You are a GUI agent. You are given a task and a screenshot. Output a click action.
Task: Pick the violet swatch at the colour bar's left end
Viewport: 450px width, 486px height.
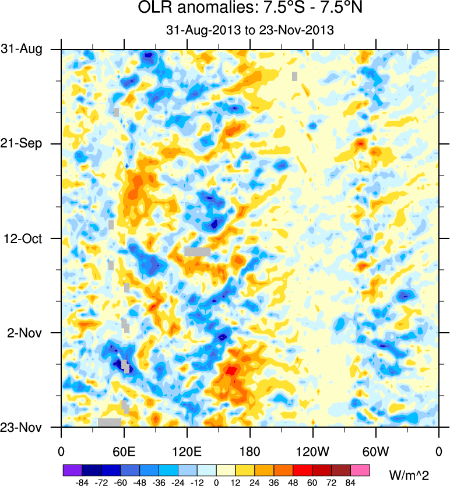[x=72, y=470]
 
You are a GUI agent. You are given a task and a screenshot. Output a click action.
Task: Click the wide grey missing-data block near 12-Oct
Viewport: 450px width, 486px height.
[x=197, y=252]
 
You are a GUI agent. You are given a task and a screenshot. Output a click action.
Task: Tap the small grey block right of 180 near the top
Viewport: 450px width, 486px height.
[x=294, y=76]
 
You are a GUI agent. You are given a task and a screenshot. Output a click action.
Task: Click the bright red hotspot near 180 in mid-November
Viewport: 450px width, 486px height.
[x=231, y=369]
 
